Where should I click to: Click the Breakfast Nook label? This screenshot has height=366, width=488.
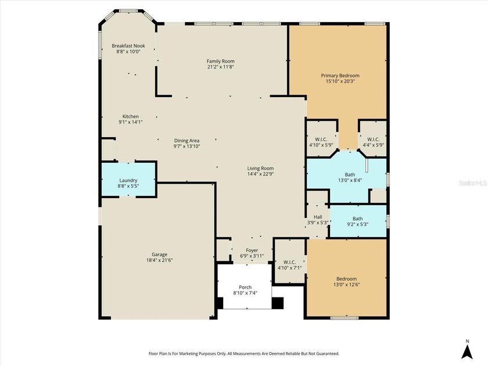[128, 46]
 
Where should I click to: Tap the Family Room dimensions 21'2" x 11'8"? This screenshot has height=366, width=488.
[220, 67]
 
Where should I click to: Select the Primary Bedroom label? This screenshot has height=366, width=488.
[340, 76]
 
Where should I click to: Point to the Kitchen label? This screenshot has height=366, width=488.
[130, 116]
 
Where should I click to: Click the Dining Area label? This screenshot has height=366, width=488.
[186, 141]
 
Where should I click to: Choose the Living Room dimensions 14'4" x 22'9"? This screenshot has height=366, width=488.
[260, 174]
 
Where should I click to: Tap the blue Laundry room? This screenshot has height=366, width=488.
[128, 180]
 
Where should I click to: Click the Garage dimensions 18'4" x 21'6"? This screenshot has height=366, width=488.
[159, 260]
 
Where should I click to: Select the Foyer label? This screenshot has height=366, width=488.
[252, 250]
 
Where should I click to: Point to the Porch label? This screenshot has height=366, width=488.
[245, 287]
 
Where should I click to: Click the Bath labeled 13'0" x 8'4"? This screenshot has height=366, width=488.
[350, 177]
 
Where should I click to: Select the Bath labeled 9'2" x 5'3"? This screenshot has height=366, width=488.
[358, 221]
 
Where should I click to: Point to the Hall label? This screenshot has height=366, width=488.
[318, 217]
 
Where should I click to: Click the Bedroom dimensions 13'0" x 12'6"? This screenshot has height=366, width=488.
[346, 285]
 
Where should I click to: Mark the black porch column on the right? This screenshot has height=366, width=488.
[278, 303]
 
